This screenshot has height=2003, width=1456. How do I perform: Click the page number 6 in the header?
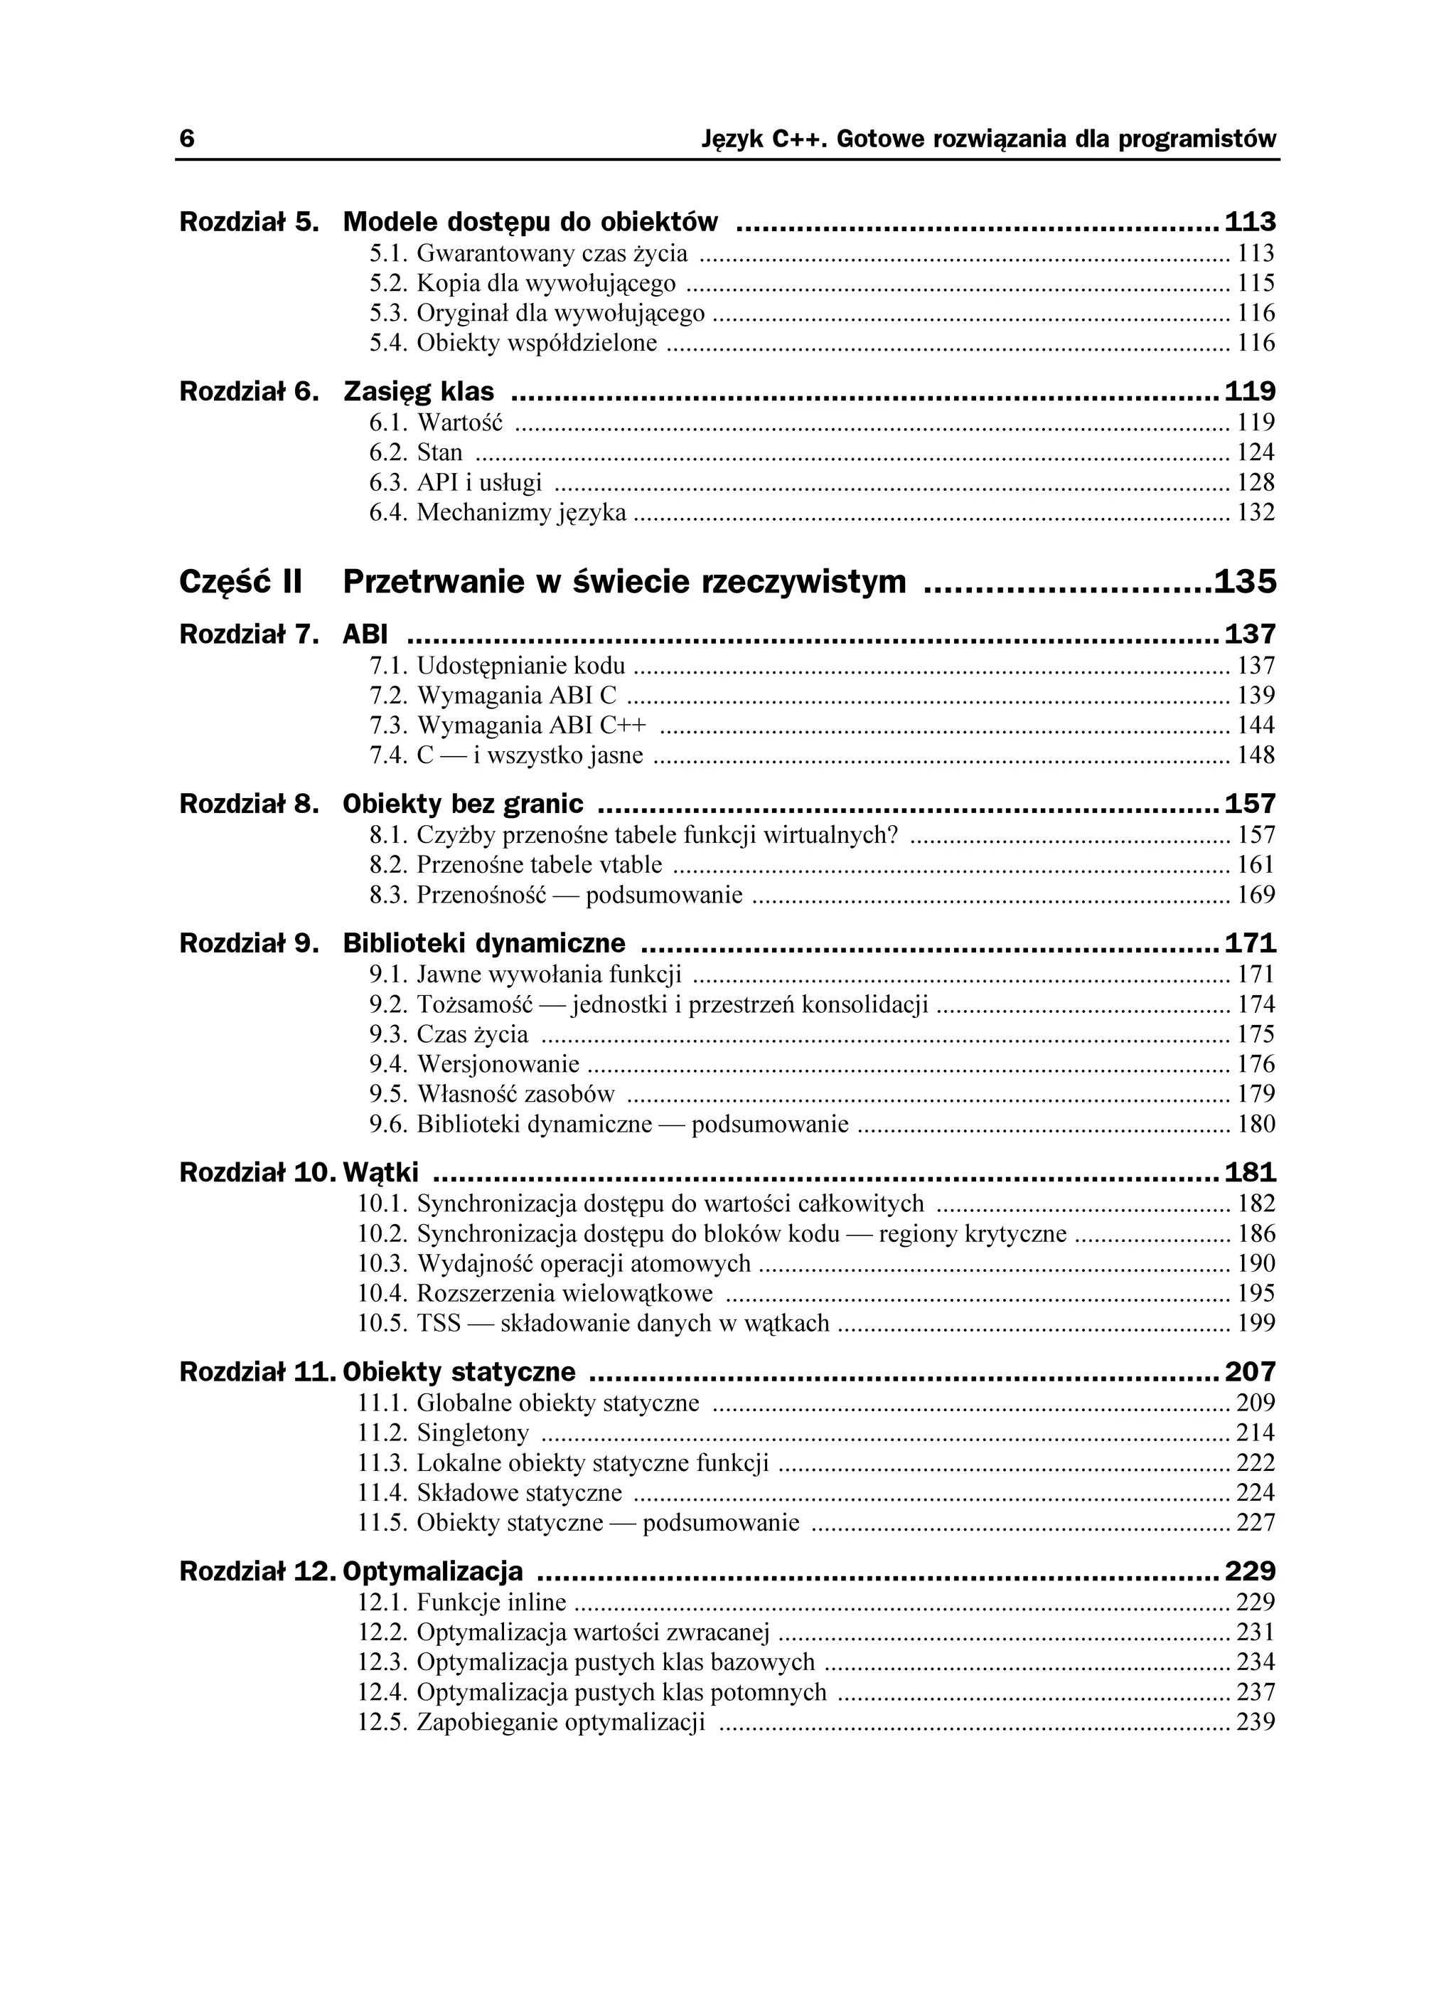pos(186,139)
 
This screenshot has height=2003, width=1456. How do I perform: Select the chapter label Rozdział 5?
pos(248,222)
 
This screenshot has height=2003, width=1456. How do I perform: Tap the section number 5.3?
pos(387,314)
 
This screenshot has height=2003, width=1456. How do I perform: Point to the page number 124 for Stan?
pos(1256,453)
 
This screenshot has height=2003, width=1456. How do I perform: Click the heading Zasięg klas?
pos(419,391)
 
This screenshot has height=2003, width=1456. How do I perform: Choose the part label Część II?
pos(240,582)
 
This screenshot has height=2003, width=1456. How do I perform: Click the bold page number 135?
pos(1245,582)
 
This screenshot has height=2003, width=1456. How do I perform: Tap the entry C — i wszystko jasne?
pos(530,756)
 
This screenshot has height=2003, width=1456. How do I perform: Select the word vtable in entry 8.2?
pos(631,865)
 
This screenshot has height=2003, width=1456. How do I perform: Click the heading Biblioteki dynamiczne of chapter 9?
pos(484,944)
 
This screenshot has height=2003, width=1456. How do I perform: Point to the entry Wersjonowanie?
pos(498,1065)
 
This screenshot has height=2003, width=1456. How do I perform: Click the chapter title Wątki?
pos(380,1173)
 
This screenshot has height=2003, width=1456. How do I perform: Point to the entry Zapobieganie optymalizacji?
pos(561,1723)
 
